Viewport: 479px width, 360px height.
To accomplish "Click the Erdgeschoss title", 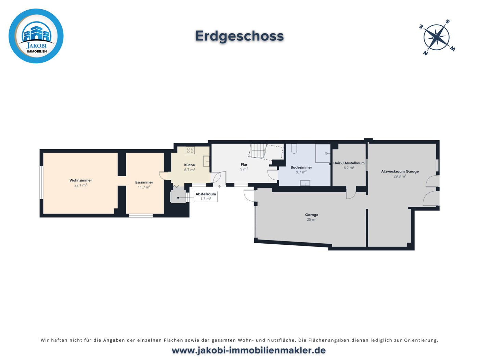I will click(239, 36).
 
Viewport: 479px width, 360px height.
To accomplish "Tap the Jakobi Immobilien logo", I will click(36, 36).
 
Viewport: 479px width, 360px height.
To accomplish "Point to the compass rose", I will click(437, 37).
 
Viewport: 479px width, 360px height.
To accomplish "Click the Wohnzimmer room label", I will click(80, 180).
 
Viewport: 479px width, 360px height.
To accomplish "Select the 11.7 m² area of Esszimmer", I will click(144, 187).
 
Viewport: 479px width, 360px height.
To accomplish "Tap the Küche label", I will click(189, 165).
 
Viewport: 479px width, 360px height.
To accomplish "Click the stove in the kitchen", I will click(190, 150).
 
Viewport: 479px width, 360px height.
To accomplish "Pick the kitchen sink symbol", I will click(206, 161).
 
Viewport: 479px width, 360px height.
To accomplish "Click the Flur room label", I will click(244, 165).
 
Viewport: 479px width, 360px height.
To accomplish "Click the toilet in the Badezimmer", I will click(294, 149).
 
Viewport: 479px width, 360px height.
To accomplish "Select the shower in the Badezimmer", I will click(322, 153).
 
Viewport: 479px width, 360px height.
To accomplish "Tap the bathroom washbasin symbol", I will click(305, 183).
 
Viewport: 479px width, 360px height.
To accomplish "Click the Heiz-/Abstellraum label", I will click(349, 163).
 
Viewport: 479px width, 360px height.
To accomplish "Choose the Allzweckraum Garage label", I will click(400, 171).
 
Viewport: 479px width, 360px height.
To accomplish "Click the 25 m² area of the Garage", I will click(311, 220).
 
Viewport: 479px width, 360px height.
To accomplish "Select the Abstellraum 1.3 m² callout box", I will click(206, 196).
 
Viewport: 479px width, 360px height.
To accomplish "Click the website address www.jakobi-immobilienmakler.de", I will click(248, 350).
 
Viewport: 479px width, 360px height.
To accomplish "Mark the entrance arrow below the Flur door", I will click(219, 187).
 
